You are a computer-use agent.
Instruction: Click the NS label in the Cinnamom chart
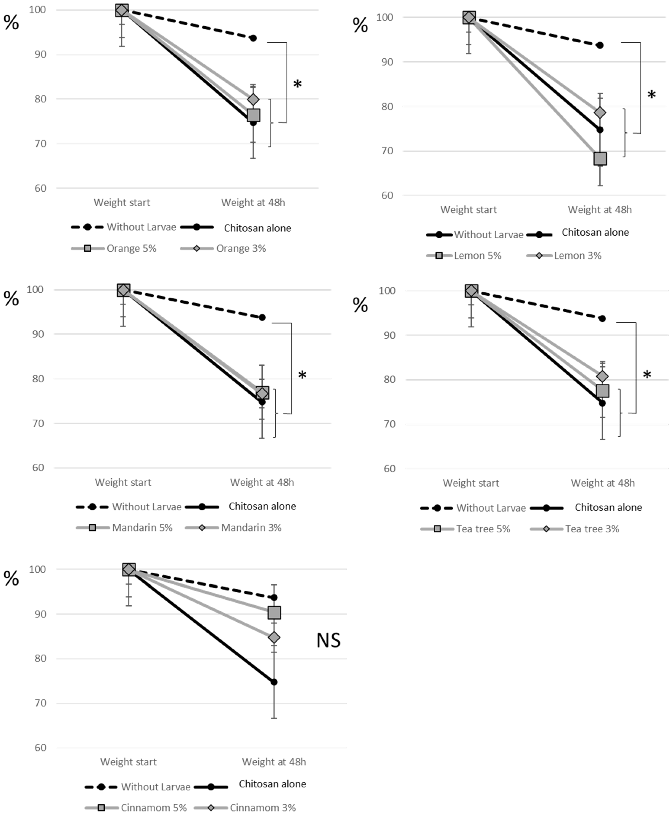pos(328,640)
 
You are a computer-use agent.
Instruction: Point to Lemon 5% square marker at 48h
pos(600,158)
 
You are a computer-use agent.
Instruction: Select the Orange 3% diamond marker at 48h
pos(253,100)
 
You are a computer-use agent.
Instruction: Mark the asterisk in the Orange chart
pos(297,84)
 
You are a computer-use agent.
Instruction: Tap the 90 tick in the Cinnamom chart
pos(40,614)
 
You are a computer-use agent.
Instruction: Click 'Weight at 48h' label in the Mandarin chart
pos(262,482)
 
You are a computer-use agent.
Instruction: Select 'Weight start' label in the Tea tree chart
pos(471,483)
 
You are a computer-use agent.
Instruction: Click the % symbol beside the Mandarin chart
pos(11,299)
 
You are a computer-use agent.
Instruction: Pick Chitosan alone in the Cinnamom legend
pos(272,784)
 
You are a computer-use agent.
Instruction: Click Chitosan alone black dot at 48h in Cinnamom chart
pos(274,682)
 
